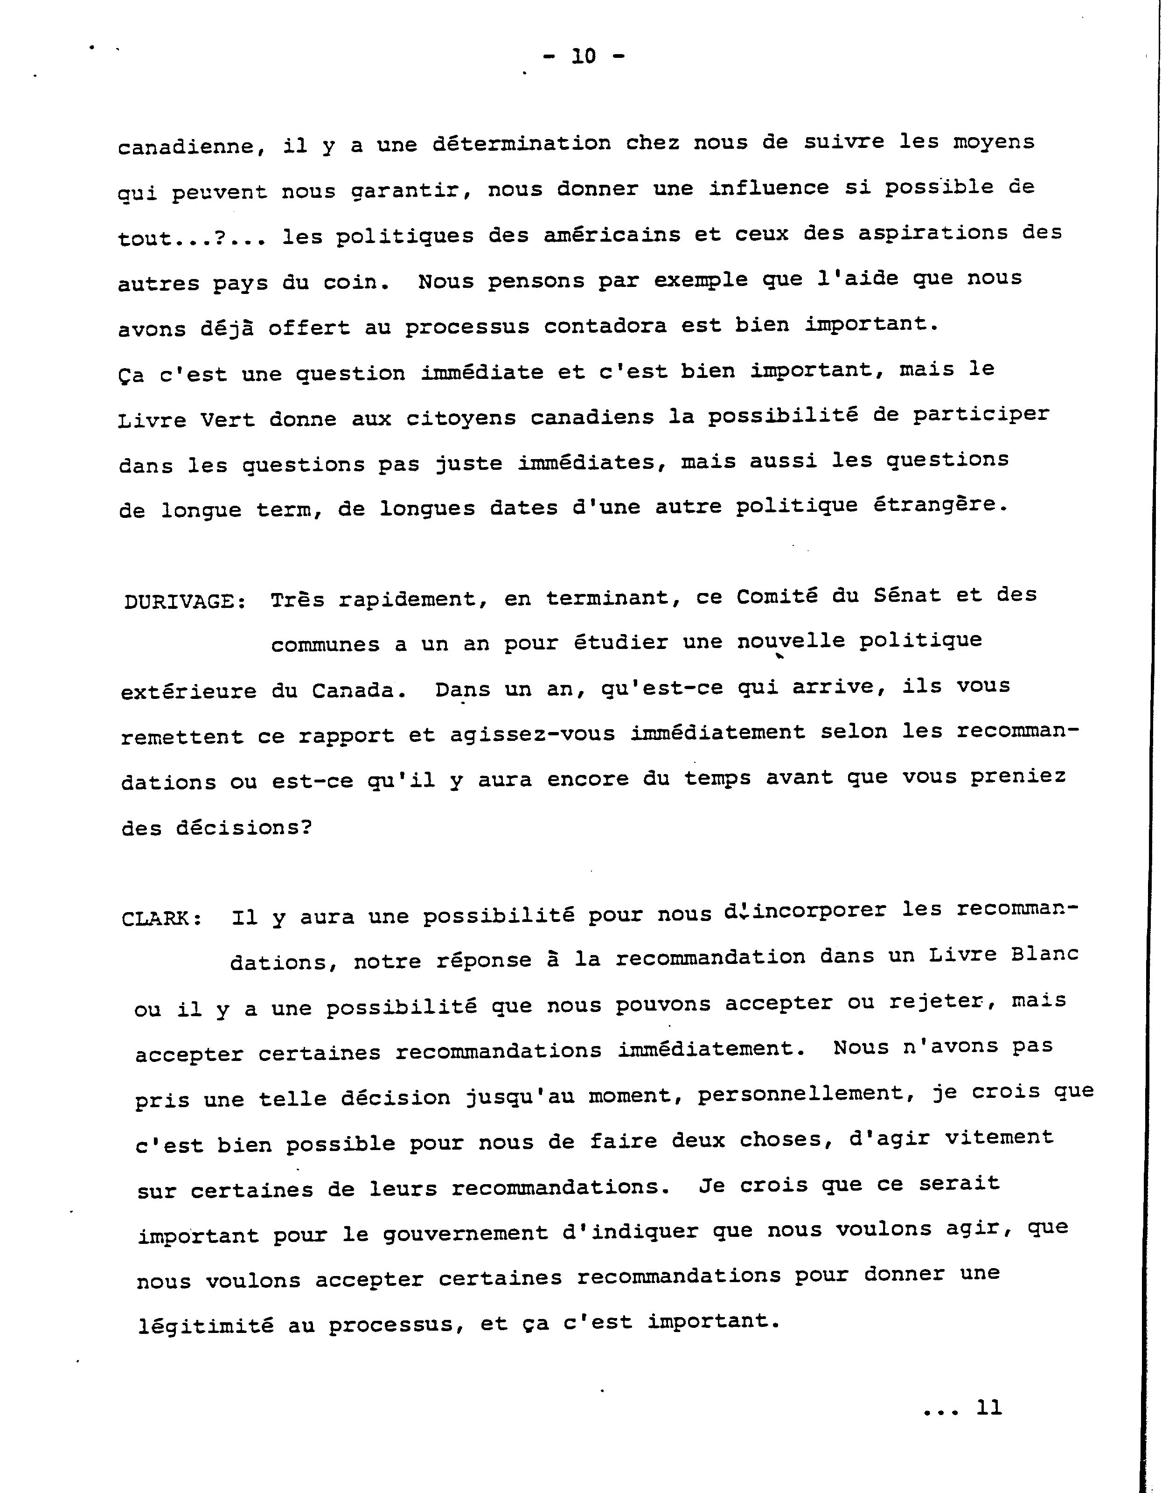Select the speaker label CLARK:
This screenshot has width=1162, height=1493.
coord(162,919)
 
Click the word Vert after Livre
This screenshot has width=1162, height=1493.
coord(228,419)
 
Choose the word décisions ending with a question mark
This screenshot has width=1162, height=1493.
coord(244,829)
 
